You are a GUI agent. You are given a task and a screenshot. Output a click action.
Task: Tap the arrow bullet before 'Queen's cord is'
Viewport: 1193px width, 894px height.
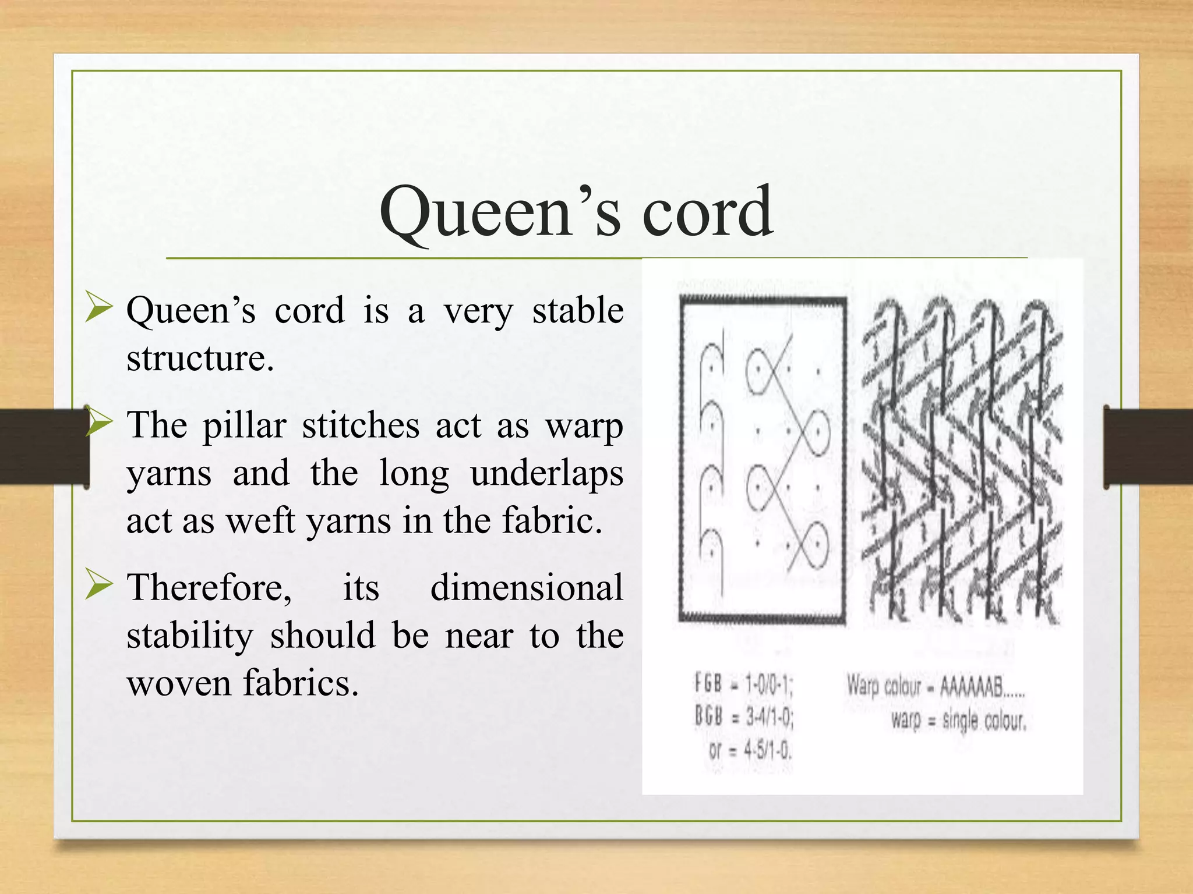98,308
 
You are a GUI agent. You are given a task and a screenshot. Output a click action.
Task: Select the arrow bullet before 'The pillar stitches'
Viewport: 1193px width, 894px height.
98,423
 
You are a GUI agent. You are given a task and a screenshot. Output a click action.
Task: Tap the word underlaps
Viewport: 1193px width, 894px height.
546,473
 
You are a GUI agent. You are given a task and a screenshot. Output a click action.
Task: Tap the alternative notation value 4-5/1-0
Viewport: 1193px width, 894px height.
768,751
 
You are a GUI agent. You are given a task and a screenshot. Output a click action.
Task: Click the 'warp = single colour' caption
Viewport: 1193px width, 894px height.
958,722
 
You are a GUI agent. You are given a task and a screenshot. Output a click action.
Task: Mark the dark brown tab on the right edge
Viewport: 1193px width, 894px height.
1148,446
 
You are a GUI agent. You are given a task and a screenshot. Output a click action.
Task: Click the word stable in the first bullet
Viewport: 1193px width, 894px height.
577,310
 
